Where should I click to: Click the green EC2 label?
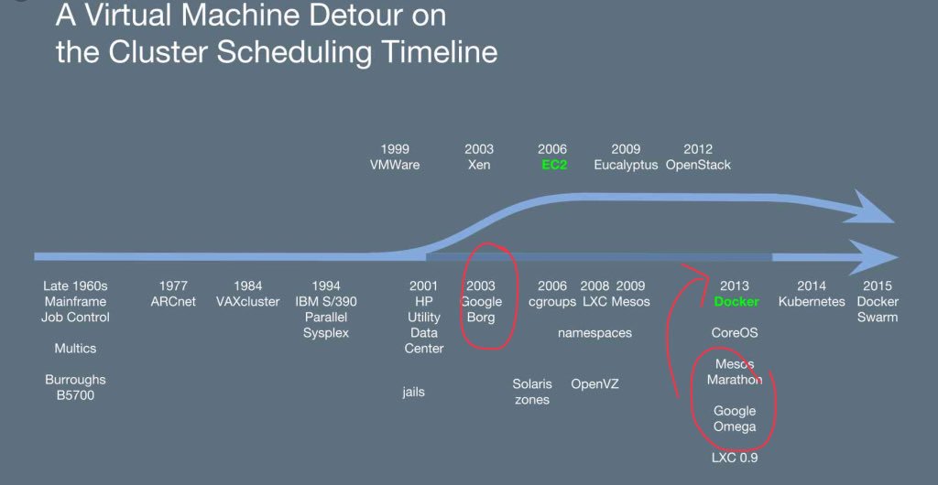pyautogui.click(x=554, y=165)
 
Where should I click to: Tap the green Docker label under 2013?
pyautogui.click(x=736, y=302)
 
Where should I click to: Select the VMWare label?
pyautogui.click(x=395, y=165)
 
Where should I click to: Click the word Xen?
pyautogui.click(x=479, y=165)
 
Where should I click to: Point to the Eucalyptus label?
pyautogui.click(x=626, y=165)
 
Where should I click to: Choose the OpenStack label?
pyautogui.click(x=698, y=165)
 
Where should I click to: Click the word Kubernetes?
pyautogui.click(x=812, y=302)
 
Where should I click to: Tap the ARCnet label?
pyautogui.click(x=173, y=302)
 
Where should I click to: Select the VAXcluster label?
pyautogui.click(x=248, y=302)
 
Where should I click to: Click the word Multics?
pyautogui.click(x=75, y=349)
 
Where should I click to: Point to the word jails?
pyautogui.click(x=413, y=393)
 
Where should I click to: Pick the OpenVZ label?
pyautogui.click(x=594, y=383)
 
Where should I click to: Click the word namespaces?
pyautogui.click(x=594, y=333)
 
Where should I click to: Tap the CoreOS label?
pyautogui.click(x=735, y=333)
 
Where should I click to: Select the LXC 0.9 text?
pyautogui.click(x=735, y=458)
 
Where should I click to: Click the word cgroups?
pyautogui.click(x=552, y=302)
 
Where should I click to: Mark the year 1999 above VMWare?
pyautogui.click(x=395, y=149)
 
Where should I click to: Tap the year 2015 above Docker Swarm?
pyautogui.click(x=878, y=286)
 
